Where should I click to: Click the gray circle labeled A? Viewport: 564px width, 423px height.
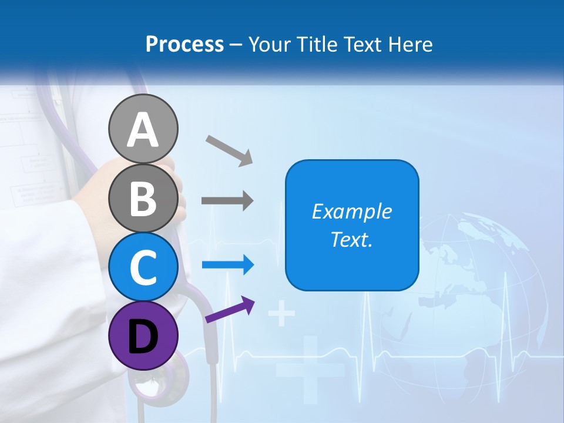143,129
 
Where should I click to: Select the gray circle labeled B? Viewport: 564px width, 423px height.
143,198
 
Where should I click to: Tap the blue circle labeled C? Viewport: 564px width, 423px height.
143,267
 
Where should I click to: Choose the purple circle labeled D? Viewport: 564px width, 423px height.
143,335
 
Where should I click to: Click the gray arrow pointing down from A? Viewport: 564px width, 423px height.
229,150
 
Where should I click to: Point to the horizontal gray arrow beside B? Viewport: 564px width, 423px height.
227,201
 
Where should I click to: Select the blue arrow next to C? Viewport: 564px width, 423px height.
228,265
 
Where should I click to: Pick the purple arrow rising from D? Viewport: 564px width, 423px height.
230,310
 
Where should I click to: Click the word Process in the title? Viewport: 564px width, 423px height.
184,45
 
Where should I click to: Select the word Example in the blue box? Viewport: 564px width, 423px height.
351,211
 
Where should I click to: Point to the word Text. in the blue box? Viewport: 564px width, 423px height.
351,239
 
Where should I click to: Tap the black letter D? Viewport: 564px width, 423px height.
143,337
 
